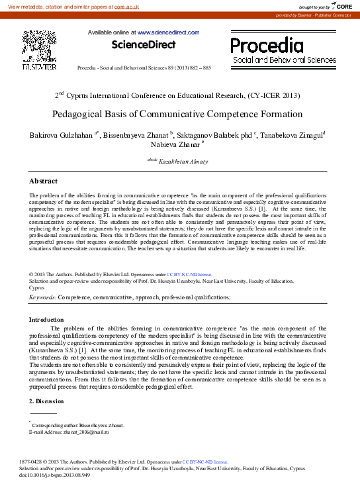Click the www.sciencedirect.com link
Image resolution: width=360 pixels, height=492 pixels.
tap(167, 32)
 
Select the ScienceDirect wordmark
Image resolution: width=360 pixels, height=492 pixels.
tap(144, 45)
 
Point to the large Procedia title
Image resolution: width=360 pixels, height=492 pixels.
tap(267, 45)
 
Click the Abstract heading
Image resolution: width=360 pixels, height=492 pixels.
tap(44, 181)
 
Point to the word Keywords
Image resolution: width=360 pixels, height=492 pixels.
tap(42, 298)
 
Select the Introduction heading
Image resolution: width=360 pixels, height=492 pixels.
tap(46, 320)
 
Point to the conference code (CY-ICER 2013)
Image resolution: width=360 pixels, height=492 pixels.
tap(272, 95)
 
